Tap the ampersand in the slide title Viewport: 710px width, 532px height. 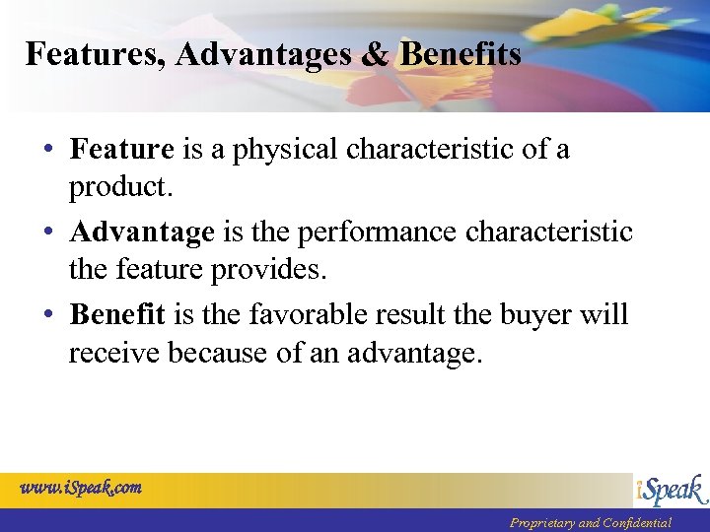(374, 54)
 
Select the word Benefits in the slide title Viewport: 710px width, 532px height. (460, 54)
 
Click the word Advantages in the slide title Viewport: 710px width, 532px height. (264, 54)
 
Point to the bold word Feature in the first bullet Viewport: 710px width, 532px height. (121, 150)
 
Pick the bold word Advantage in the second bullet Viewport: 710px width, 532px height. (141, 233)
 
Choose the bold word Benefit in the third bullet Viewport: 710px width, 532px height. (117, 315)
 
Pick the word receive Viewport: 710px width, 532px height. (114, 352)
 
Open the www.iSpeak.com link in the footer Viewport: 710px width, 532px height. (81, 487)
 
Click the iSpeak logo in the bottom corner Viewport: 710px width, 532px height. (670, 491)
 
